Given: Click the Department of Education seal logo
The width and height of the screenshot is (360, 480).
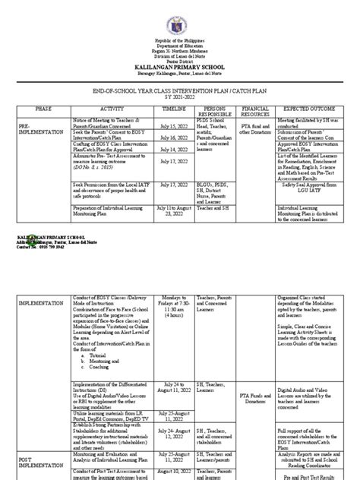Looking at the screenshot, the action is click(x=179, y=16).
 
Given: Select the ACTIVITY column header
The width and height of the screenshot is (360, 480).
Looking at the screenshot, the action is click(x=110, y=110).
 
